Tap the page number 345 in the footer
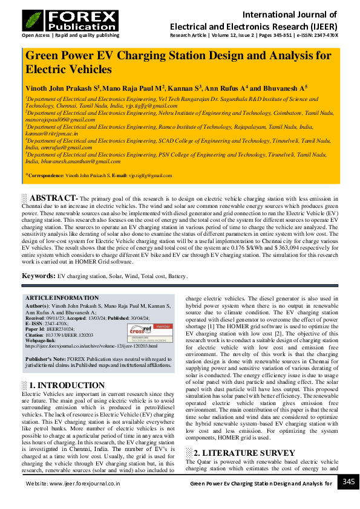click(x=349, y=482)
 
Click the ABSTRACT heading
click(x=53, y=198)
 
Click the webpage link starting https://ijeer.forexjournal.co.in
click(x=91, y=346)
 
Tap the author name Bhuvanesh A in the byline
click(x=287, y=88)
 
